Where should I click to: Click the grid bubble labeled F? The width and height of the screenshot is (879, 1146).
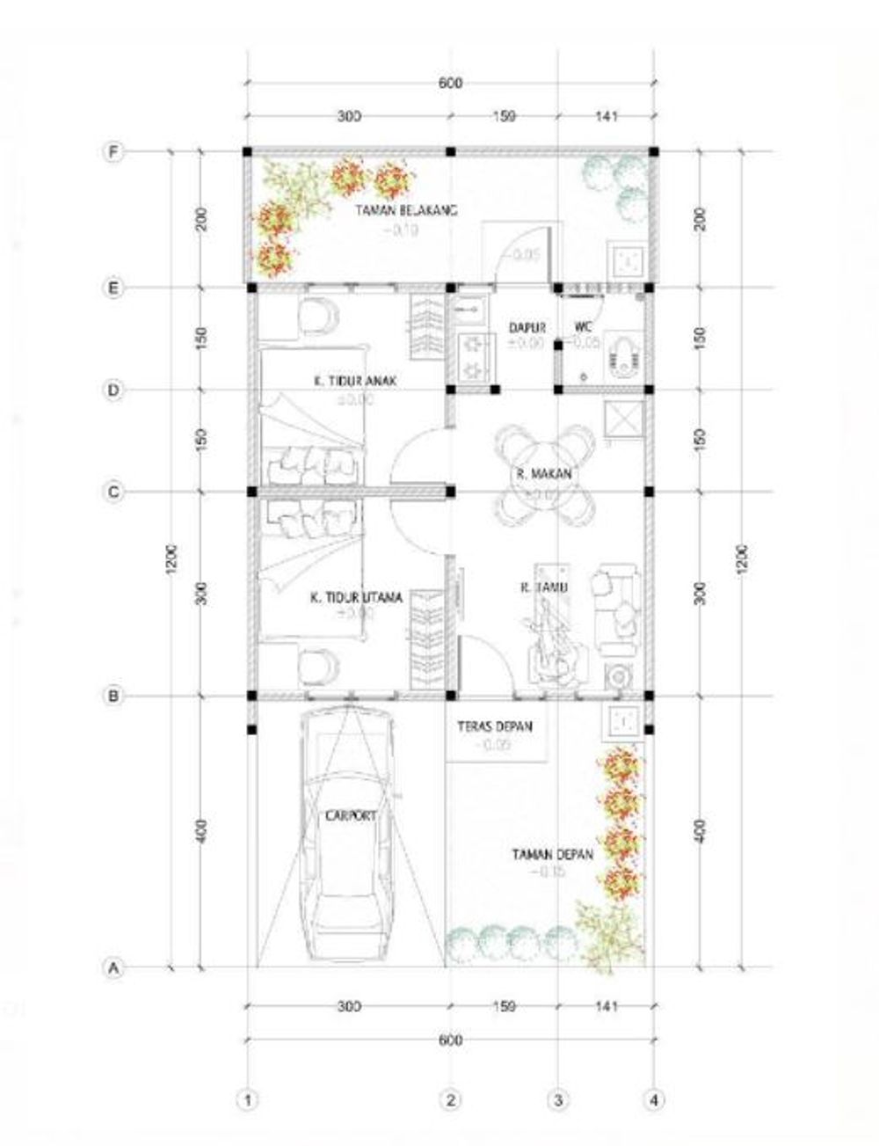pyautogui.click(x=113, y=152)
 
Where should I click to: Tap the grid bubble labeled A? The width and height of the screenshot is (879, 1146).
pyautogui.click(x=113, y=968)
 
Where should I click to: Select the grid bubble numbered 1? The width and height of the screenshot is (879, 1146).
pyautogui.click(x=250, y=1099)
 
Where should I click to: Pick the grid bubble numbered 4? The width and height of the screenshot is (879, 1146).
pyautogui.click(x=653, y=1099)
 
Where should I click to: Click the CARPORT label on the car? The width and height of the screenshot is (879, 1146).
pyautogui.click(x=351, y=816)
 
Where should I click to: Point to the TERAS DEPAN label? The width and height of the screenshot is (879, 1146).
pyautogui.click(x=494, y=727)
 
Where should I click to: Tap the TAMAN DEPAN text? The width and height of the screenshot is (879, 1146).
pyautogui.click(x=553, y=854)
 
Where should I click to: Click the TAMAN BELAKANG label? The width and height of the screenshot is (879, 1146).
pyautogui.click(x=406, y=211)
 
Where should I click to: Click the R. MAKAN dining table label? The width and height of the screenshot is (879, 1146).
pyautogui.click(x=544, y=474)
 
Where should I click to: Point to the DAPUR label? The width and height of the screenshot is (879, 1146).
pyautogui.click(x=522, y=327)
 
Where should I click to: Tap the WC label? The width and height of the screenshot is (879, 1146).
pyautogui.click(x=583, y=327)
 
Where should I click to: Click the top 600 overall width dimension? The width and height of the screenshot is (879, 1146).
pyautogui.click(x=449, y=84)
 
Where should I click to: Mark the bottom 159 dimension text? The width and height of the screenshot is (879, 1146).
pyautogui.click(x=504, y=1005)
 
